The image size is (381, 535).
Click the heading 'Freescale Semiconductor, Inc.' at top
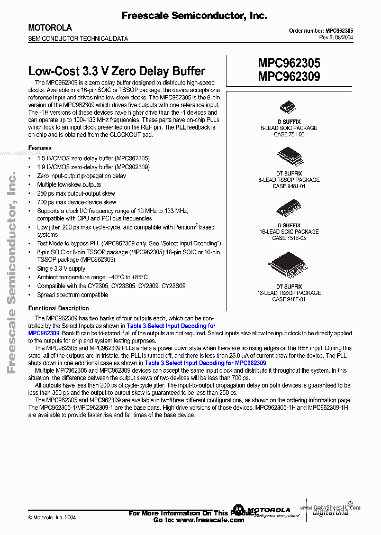pos(194,16)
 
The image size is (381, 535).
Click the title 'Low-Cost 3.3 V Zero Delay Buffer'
pos(116,71)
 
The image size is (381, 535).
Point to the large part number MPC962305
pos(289,63)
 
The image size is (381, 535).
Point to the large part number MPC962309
pos(289,76)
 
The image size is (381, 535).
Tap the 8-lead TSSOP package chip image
pos(289,156)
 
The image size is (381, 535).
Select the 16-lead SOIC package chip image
pos(289,208)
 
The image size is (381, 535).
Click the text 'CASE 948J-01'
pos(289,187)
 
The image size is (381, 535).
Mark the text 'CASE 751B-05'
pos(289,238)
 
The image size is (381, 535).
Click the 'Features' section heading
pos(40,148)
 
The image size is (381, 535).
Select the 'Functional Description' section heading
pos(58,308)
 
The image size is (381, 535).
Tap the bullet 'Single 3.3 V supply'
pos(61,269)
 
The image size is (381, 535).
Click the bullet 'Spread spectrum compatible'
pos(72,294)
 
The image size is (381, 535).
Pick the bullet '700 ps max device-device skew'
pos(76,202)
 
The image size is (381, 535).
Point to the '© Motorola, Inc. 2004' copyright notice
pos(52,518)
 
